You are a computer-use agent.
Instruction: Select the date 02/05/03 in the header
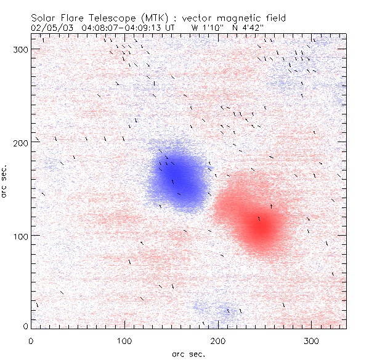pyautogui.click(x=49, y=28)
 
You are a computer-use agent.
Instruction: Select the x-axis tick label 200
pyautogui.click(x=218, y=340)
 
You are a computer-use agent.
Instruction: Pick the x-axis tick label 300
pyautogui.click(x=311, y=340)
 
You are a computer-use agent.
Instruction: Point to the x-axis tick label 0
pyautogui.click(x=31, y=340)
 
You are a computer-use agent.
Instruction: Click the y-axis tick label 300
pyautogui.click(x=21, y=49)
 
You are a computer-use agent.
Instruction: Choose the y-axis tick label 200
pyautogui.click(x=21, y=142)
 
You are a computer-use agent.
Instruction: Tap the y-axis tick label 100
pyautogui.click(x=21, y=236)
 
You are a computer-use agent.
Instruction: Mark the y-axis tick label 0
pyautogui.click(x=25, y=326)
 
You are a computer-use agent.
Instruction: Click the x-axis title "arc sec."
pyautogui.click(x=188, y=353)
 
